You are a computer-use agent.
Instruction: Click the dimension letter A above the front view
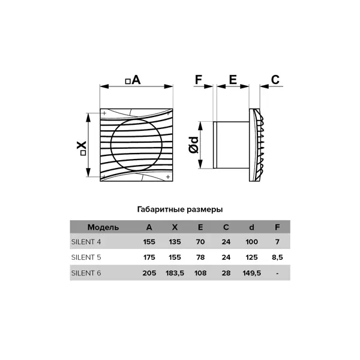(136, 80)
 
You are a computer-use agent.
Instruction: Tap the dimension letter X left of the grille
(81, 145)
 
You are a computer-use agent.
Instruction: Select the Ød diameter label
(194, 145)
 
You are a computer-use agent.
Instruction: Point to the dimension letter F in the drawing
(199, 80)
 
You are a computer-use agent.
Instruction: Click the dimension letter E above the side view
(233, 80)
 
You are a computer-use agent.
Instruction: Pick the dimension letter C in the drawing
(275, 80)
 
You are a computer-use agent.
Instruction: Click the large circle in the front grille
(111, 145)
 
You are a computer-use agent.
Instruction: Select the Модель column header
(103, 227)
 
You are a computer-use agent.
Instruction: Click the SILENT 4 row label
(86, 242)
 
